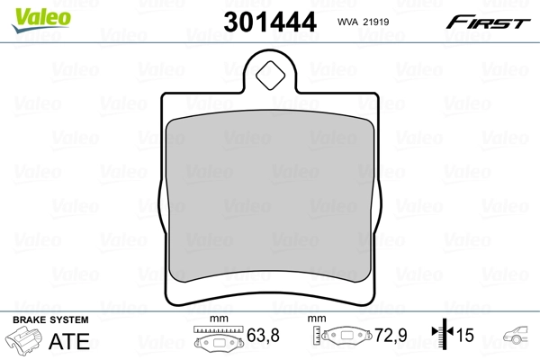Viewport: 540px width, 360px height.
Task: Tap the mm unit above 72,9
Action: pos(316,319)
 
